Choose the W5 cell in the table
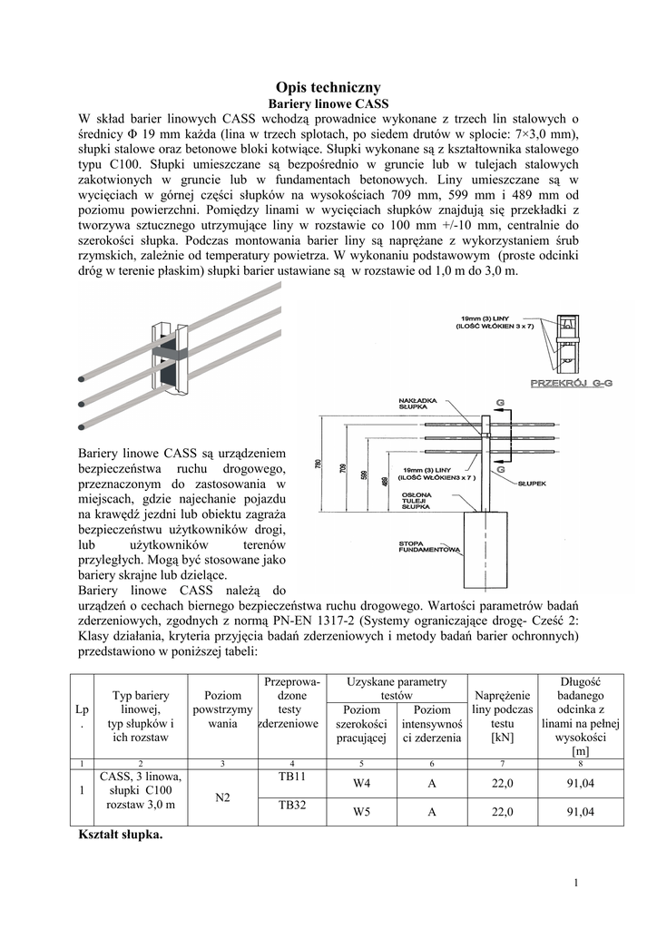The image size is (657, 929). pyautogui.click(x=361, y=812)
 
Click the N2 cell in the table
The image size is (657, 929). pyautogui.click(x=222, y=798)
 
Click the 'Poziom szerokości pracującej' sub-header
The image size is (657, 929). pyautogui.click(x=361, y=723)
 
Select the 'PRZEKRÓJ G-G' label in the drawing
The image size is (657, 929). pyautogui.click(x=571, y=385)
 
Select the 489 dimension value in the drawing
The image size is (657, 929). pyautogui.click(x=386, y=482)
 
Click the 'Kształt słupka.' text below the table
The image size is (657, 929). pyautogui.click(x=122, y=836)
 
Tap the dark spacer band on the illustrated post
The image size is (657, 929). pyautogui.click(x=170, y=347)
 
